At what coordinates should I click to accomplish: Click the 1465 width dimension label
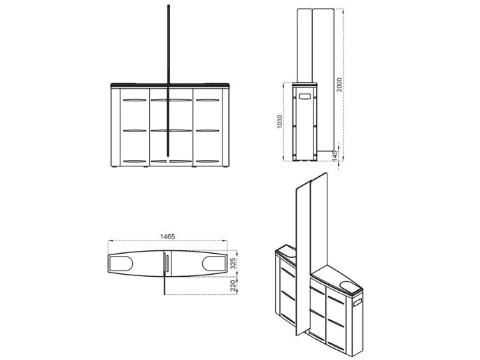(x=167, y=236)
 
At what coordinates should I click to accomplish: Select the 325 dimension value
(x=233, y=264)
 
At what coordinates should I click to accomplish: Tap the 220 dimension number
(x=233, y=285)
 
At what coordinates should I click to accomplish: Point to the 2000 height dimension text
(x=339, y=85)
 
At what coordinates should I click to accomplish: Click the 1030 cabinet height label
(x=279, y=122)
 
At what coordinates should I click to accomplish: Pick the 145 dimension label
(x=334, y=156)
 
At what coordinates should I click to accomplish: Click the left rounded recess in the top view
(x=121, y=264)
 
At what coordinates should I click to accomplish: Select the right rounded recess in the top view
(x=214, y=264)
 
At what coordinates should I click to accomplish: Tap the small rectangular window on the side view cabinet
(x=304, y=96)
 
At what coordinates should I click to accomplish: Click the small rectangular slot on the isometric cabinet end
(x=358, y=303)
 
